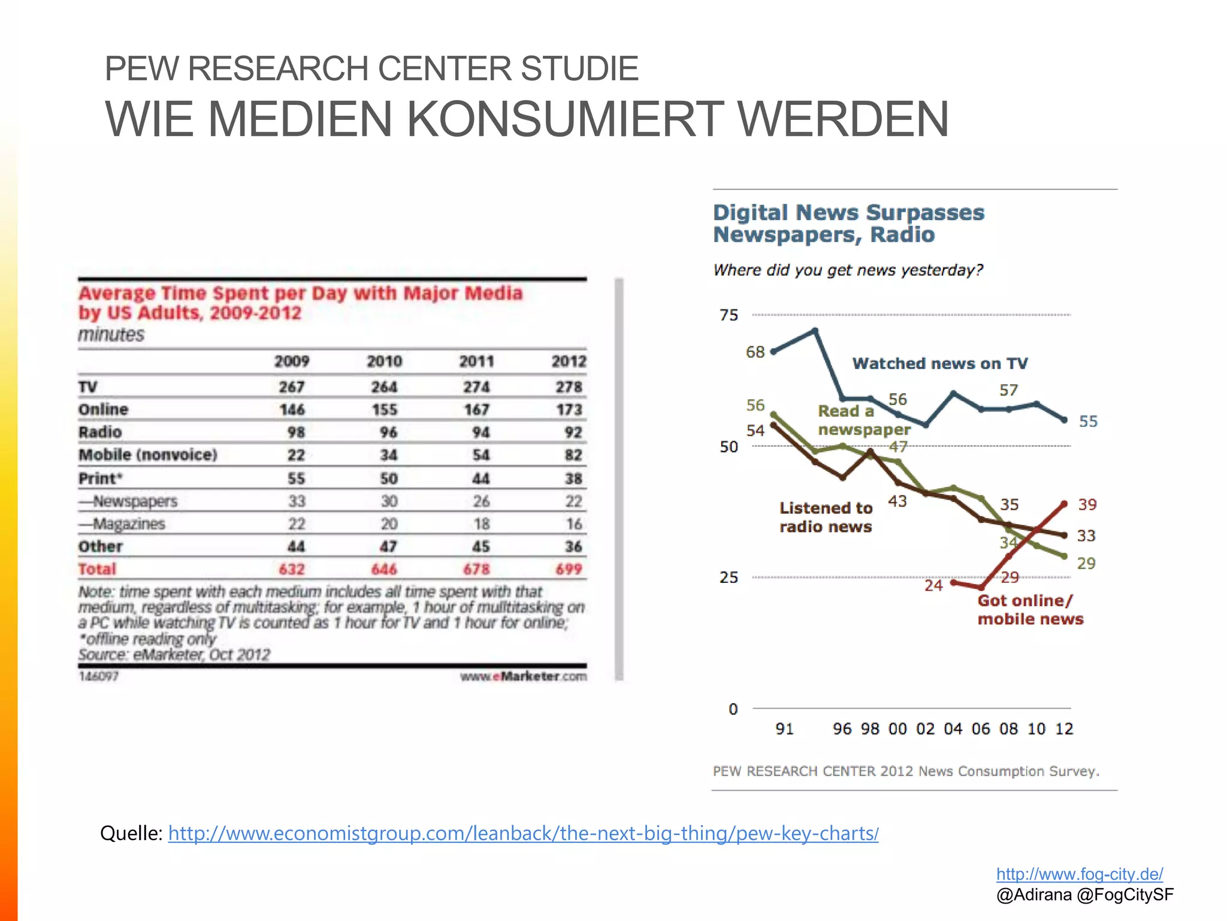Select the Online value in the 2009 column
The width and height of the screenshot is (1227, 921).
coord(292,410)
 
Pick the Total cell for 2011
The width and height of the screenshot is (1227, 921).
coord(476,569)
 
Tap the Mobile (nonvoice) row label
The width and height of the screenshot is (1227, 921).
coord(148,455)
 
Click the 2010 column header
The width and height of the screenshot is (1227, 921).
coord(384,362)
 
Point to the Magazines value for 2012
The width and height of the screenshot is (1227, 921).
coord(573,524)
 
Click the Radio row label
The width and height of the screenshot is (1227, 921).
coord(100,432)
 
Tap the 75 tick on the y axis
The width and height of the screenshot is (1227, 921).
coord(729,315)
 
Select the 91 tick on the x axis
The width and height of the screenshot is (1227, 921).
coord(784,729)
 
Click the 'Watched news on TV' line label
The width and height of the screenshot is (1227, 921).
coord(939,363)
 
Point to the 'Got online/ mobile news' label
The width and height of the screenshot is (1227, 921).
coord(1030,610)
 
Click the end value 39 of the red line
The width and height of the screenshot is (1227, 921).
coord(1087,504)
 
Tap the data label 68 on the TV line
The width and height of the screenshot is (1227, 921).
coord(755,352)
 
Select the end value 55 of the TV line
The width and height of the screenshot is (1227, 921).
coord(1088,422)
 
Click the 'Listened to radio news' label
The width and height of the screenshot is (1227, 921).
coord(826,517)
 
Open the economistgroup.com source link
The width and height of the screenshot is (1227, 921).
coord(522,833)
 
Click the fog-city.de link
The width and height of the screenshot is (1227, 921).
coord(1080,874)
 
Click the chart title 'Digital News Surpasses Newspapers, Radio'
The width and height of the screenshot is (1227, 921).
coord(848,224)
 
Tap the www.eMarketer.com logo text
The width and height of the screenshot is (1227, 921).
coord(523,676)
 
